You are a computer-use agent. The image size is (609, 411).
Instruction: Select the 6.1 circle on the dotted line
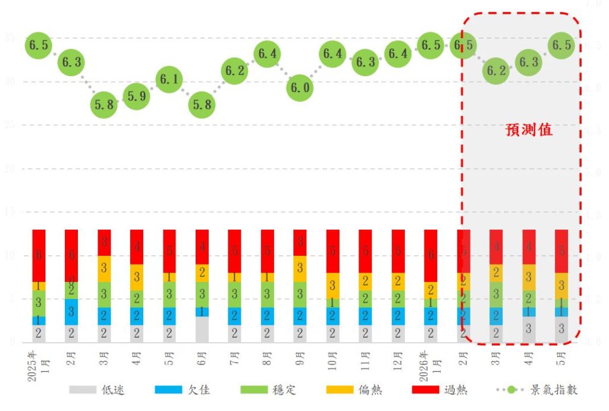(x=169, y=79)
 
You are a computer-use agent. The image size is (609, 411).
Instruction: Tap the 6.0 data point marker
(x=300, y=88)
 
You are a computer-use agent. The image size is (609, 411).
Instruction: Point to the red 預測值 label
(x=529, y=130)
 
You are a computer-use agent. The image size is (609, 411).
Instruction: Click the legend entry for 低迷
(x=98, y=390)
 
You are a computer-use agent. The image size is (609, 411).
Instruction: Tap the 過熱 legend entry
(x=440, y=390)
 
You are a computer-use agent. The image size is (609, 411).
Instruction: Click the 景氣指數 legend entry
(x=537, y=390)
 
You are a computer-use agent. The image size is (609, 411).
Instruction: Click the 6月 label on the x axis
(x=202, y=361)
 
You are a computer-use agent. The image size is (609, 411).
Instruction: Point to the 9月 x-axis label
(x=300, y=361)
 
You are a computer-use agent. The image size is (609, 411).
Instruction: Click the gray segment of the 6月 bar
(x=202, y=330)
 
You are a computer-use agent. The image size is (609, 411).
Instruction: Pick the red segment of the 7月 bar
(x=234, y=251)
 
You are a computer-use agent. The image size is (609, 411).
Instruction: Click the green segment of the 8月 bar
(x=267, y=294)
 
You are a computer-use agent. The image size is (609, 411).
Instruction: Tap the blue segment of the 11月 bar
(x=365, y=316)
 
